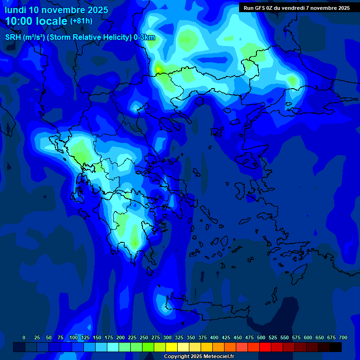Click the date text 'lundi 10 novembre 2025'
coord(56,10)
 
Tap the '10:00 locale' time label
coord(37,21)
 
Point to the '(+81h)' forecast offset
coord(81,21)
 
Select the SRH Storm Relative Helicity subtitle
coord(80,37)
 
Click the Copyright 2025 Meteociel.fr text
coord(199,357)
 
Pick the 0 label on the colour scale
coord(24,337)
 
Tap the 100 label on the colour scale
coord(74,337)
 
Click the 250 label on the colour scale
coord(144,337)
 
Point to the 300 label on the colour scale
coord(167,337)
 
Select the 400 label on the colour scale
coord(214,337)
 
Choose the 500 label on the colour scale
coord(261,337)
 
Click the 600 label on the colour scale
coord(308,337)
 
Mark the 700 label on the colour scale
coord(343,337)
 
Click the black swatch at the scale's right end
coord(336,347)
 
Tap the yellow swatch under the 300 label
coord(172,347)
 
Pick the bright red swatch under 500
coord(265,347)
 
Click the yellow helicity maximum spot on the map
coord(158,69)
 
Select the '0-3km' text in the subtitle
coord(144,37)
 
